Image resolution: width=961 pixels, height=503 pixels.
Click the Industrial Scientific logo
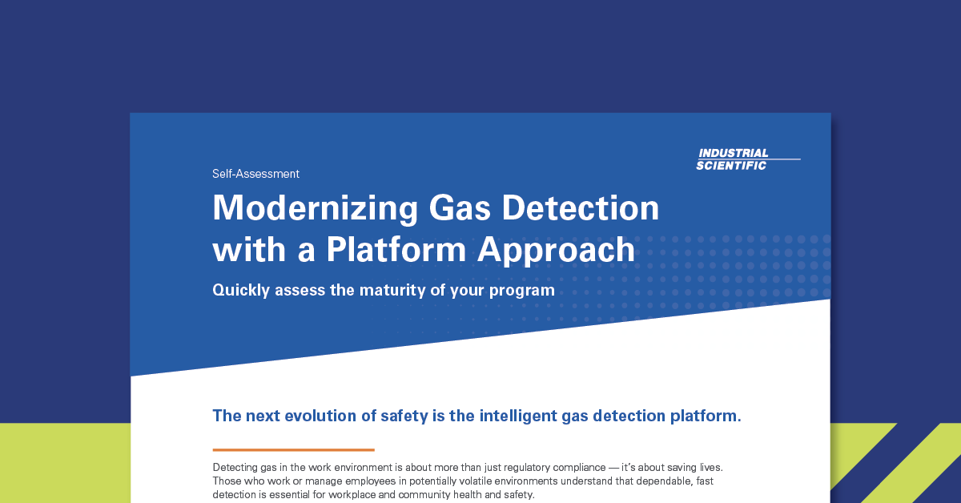click(x=748, y=159)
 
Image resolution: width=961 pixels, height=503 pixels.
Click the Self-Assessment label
click(x=255, y=174)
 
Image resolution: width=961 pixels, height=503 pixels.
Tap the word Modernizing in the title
click(x=316, y=208)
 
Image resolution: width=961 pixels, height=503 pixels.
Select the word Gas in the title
click(x=459, y=208)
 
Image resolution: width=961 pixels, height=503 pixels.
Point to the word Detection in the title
click(x=581, y=207)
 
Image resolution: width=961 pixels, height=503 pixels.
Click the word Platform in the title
click(x=396, y=249)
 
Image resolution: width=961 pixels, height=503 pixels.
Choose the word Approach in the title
click(x=556, y=251)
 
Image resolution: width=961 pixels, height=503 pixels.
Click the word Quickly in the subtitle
click(x=241, y=291)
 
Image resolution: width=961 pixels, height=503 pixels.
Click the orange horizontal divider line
click(x=293, y=450)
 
